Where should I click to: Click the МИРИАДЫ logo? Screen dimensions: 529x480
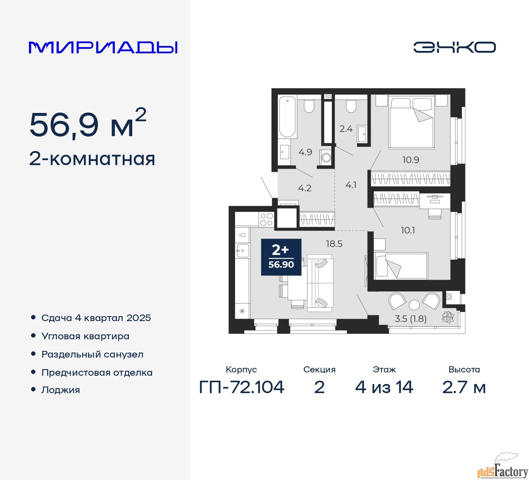[103, 48]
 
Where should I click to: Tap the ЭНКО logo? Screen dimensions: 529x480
[454, 47]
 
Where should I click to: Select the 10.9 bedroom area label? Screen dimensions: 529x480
[410, 160]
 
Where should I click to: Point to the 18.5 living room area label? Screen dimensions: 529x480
[334, 243]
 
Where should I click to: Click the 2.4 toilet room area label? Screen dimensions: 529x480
[346, 129]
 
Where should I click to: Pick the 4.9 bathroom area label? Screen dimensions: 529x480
[305, 152]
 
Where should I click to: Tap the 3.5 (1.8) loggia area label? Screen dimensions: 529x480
[410, 319]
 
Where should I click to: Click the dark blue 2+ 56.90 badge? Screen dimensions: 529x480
[281, 257]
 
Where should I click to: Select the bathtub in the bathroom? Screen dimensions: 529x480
[287, 117]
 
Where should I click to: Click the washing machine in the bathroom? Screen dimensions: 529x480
[326, 158]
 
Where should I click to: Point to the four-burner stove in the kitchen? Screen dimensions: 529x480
[266, 219]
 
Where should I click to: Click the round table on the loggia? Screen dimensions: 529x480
[414, 305]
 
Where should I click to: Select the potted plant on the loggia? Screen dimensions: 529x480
[448, 317]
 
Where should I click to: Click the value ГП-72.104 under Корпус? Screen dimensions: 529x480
[241, 387]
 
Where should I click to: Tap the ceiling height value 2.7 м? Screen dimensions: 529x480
[464, 387]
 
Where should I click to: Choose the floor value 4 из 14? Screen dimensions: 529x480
[384, 387]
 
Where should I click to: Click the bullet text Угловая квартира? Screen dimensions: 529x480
[86, 336]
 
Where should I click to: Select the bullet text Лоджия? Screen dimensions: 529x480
[60, 390]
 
